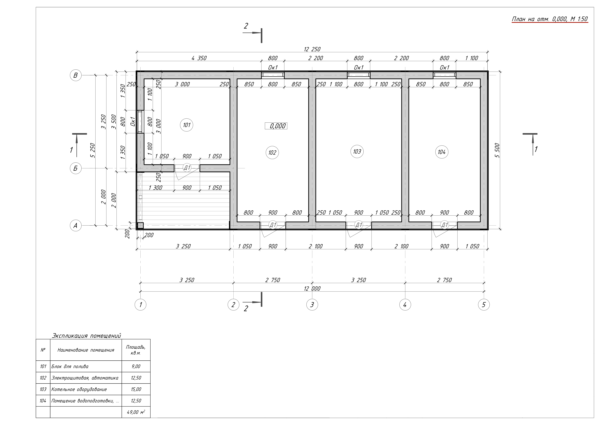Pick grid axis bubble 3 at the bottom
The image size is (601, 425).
pyautogui.click(x=312, y=305)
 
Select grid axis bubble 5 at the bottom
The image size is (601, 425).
pyautogui.click(x=484, y=305)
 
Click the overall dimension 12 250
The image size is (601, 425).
pyautogui.click(x=312, y=49)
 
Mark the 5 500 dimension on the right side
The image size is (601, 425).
pyautogui.click(x=497, y=150)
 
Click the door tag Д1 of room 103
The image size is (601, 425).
pyautogui.click(x=358, y=225)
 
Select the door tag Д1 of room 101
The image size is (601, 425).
pyautogui.click(x=187, y=168)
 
